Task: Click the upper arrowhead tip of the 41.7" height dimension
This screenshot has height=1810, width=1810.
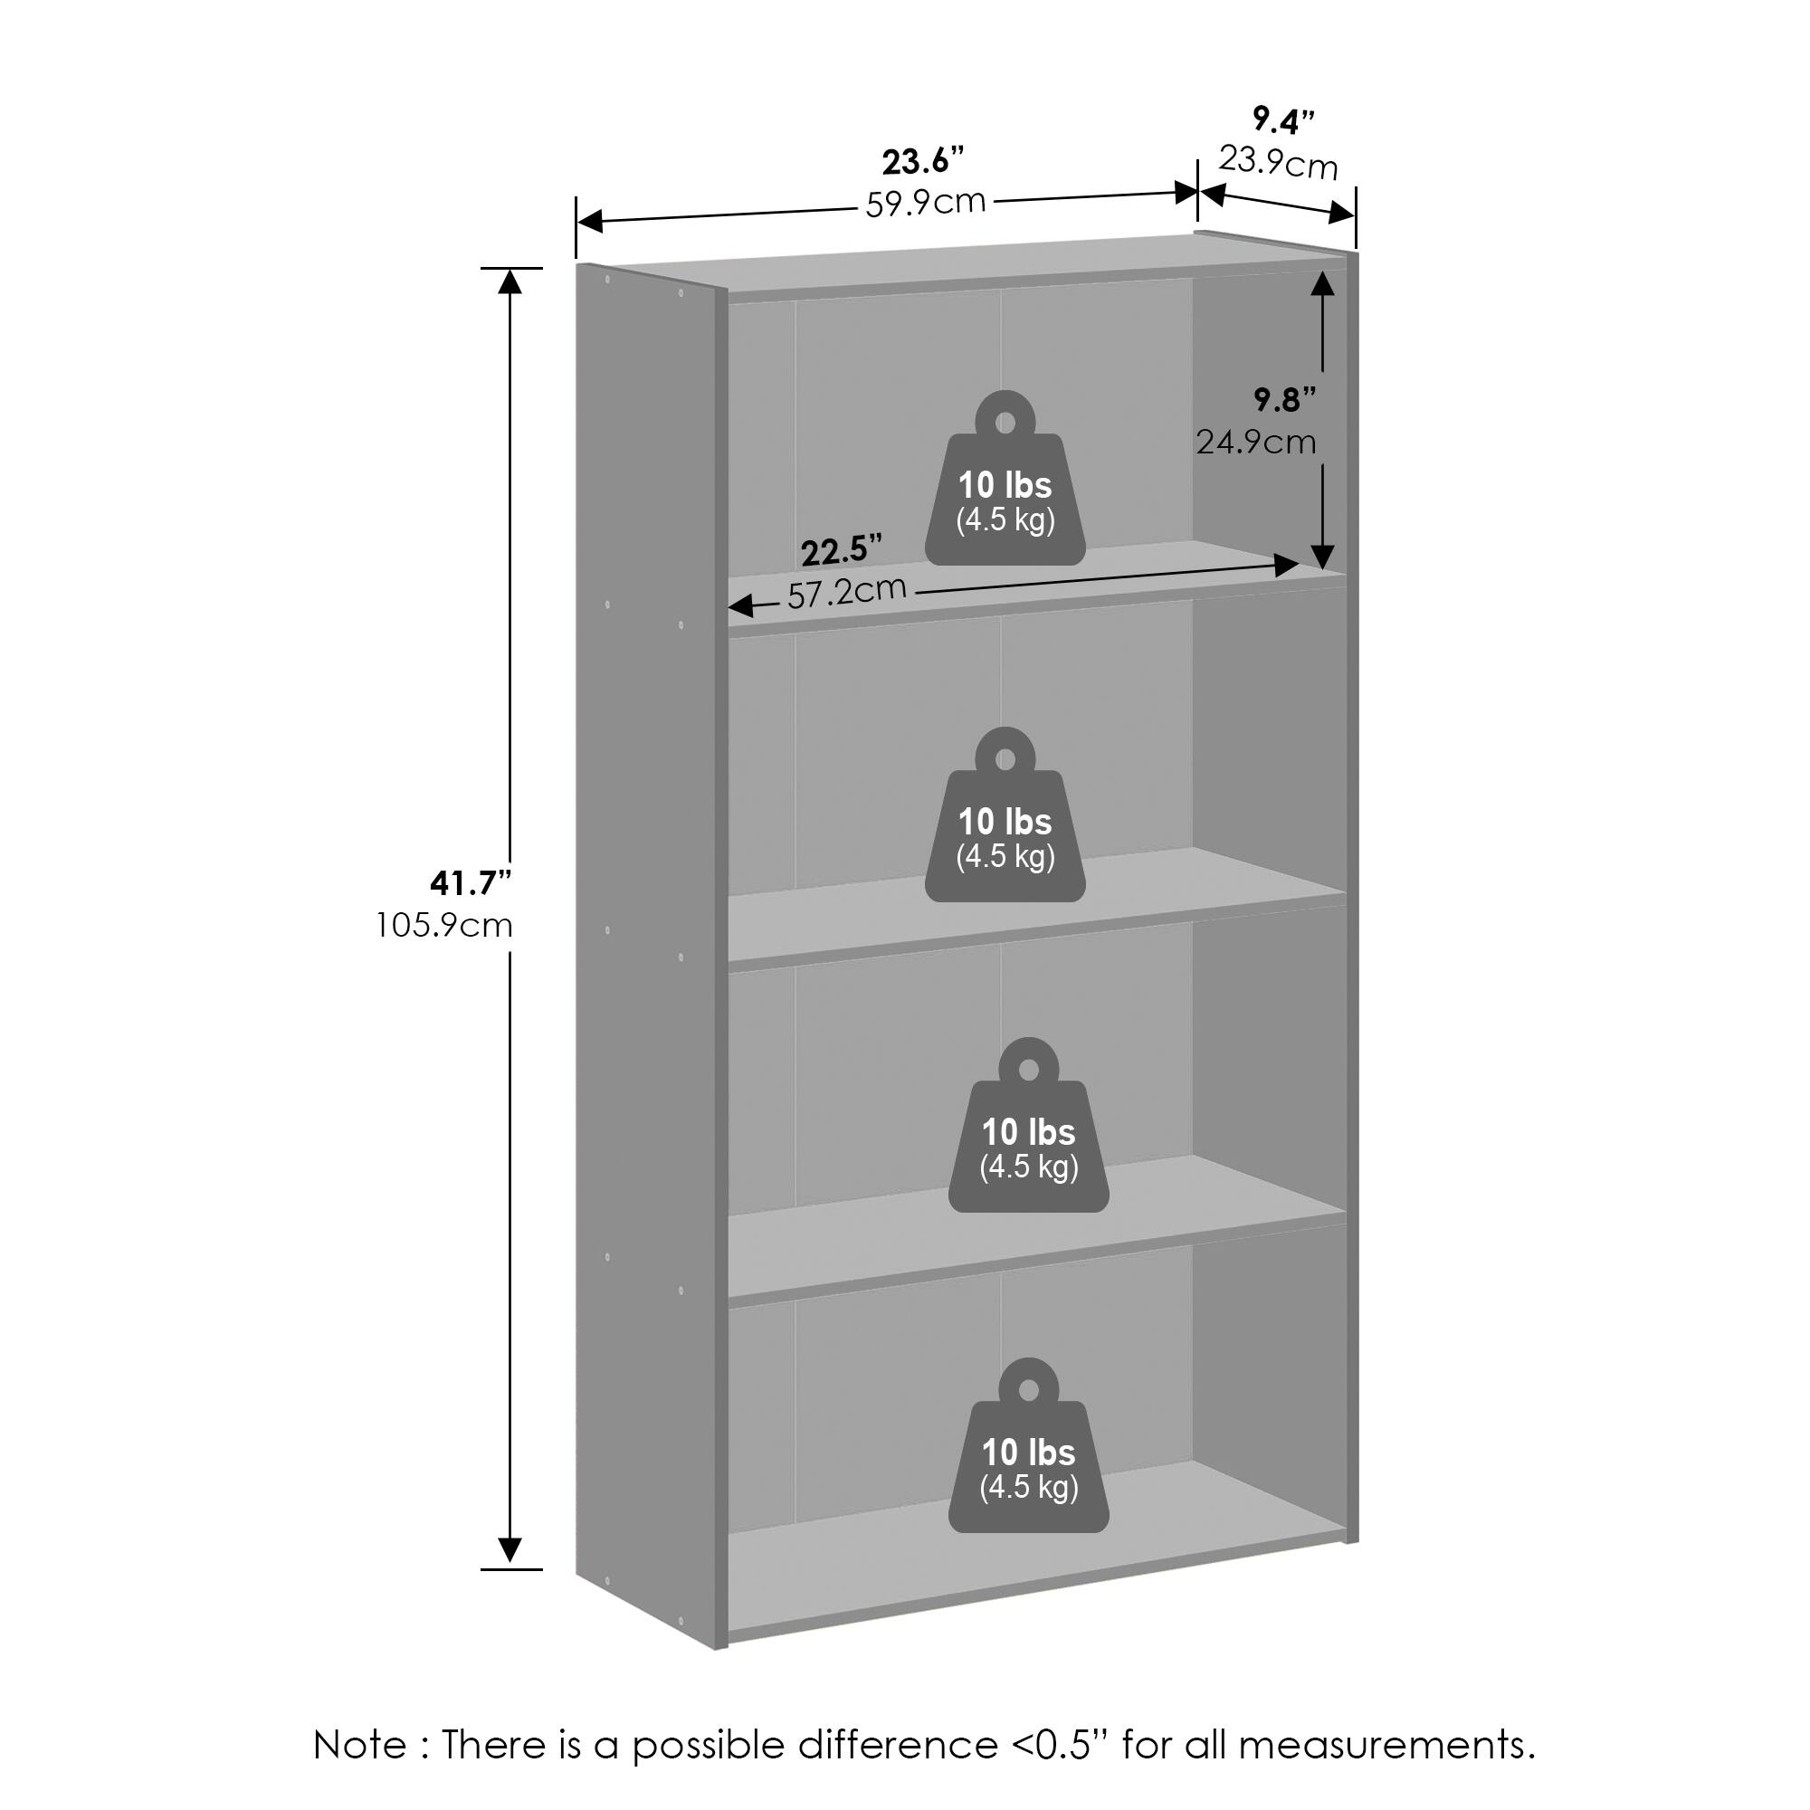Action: click(x=510, y=271)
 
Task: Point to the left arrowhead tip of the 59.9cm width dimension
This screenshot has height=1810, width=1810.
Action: click(x=578, y=222)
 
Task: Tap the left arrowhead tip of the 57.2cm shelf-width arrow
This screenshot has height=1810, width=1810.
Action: click(x=729, y=607)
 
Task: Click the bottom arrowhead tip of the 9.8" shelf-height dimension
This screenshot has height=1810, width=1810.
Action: click(x=1322, y=569)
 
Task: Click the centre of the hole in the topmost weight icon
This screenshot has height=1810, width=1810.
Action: click(x=1005, y=423)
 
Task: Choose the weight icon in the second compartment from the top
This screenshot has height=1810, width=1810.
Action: click(x=1005, y=814)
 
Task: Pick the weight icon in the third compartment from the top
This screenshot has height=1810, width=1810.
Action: click(x=1029, y=1124)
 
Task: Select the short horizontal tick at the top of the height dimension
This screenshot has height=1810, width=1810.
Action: click(x=510, y=268)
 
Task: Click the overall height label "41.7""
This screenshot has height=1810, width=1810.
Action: click(x=471, y=882)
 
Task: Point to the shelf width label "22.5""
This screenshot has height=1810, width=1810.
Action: click(x=842, y=551)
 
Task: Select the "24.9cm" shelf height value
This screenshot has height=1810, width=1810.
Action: click(x=1255, y=442)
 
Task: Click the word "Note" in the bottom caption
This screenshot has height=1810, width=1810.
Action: click(x=361, y=1746)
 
